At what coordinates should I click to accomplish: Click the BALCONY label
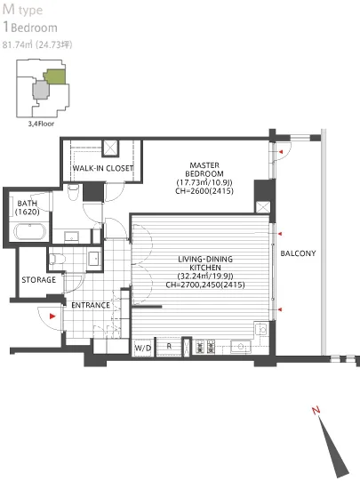298,253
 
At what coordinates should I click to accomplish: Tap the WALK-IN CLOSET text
103,168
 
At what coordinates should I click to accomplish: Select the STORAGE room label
39,280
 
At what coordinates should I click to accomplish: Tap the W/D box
143,346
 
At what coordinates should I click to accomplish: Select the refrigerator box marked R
169,346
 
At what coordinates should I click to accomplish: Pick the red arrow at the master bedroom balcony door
281,153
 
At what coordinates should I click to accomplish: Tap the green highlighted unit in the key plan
54,76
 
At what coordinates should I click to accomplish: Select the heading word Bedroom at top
42,28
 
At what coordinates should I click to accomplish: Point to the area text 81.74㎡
19,44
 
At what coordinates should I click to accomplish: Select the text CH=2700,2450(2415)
205,285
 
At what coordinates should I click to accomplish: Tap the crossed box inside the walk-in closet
111,148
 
